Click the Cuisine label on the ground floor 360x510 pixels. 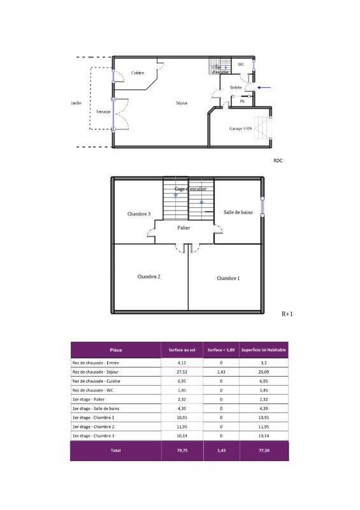(x=138, y=73)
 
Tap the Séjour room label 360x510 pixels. (x=182, y=103)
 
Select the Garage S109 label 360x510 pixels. (x=240, y=129)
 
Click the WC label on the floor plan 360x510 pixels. (x=241, y=64)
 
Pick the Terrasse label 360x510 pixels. (x=103, y=112)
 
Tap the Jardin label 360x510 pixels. (x=76, y=103)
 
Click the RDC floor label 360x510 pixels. (x=277, y=161)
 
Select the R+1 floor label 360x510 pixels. (x=287, y=314)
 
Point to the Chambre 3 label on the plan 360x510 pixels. (x=139, y=214)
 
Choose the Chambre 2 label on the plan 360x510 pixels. (x=148, y=277)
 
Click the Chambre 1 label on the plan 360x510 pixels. (x=228, y=278)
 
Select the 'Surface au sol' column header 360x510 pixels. (x=182, y=350)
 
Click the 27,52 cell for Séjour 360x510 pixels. (x=182, y=372)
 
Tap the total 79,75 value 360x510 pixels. (x=182, y=450)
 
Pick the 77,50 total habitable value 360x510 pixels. (x=264, y=450)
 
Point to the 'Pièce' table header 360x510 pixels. (x=116, y=350)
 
